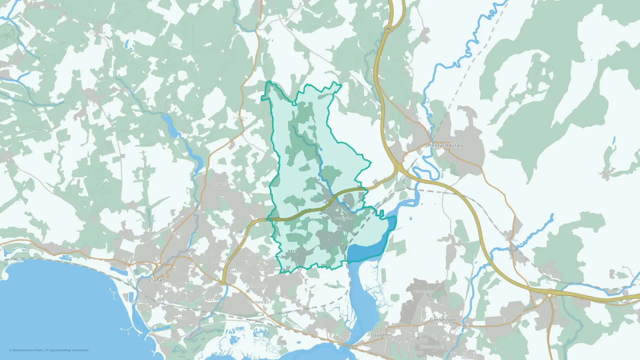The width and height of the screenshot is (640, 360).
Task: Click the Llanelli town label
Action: coord(158,280)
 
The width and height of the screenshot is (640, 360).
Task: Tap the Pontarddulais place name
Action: coord(445,145)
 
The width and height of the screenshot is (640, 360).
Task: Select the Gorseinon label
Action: coord(443,320)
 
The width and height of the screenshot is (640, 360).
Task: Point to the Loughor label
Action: coord(380,335)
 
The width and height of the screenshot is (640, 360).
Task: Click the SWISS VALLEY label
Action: coord(228,184)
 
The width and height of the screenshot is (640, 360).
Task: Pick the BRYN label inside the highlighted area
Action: coord(293,251)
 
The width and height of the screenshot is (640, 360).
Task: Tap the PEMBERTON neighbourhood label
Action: coord(238,271)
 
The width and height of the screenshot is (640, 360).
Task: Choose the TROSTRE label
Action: coord(212,300)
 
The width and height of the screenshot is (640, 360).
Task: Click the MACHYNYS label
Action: coord(166,340)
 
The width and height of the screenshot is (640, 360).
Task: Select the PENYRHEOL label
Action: coord(423,292)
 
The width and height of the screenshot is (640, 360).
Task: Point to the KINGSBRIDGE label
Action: coord(432,347)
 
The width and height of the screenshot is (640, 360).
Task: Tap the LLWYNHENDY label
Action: coord(259,302)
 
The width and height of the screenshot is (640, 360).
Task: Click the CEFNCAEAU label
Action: coord(257,286)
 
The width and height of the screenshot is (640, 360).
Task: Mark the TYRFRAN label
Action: coord(179,234)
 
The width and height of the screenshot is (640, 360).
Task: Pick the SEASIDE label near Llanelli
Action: coord(139,302)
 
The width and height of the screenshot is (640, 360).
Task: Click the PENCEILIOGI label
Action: coord(258,254)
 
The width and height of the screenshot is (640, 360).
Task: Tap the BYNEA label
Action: coord(320,328)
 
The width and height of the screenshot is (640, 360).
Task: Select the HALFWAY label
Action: coord(220,261)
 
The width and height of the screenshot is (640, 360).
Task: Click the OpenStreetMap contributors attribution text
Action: coord(69,350)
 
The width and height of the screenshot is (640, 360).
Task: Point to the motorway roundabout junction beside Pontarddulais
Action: coord(399,167)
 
